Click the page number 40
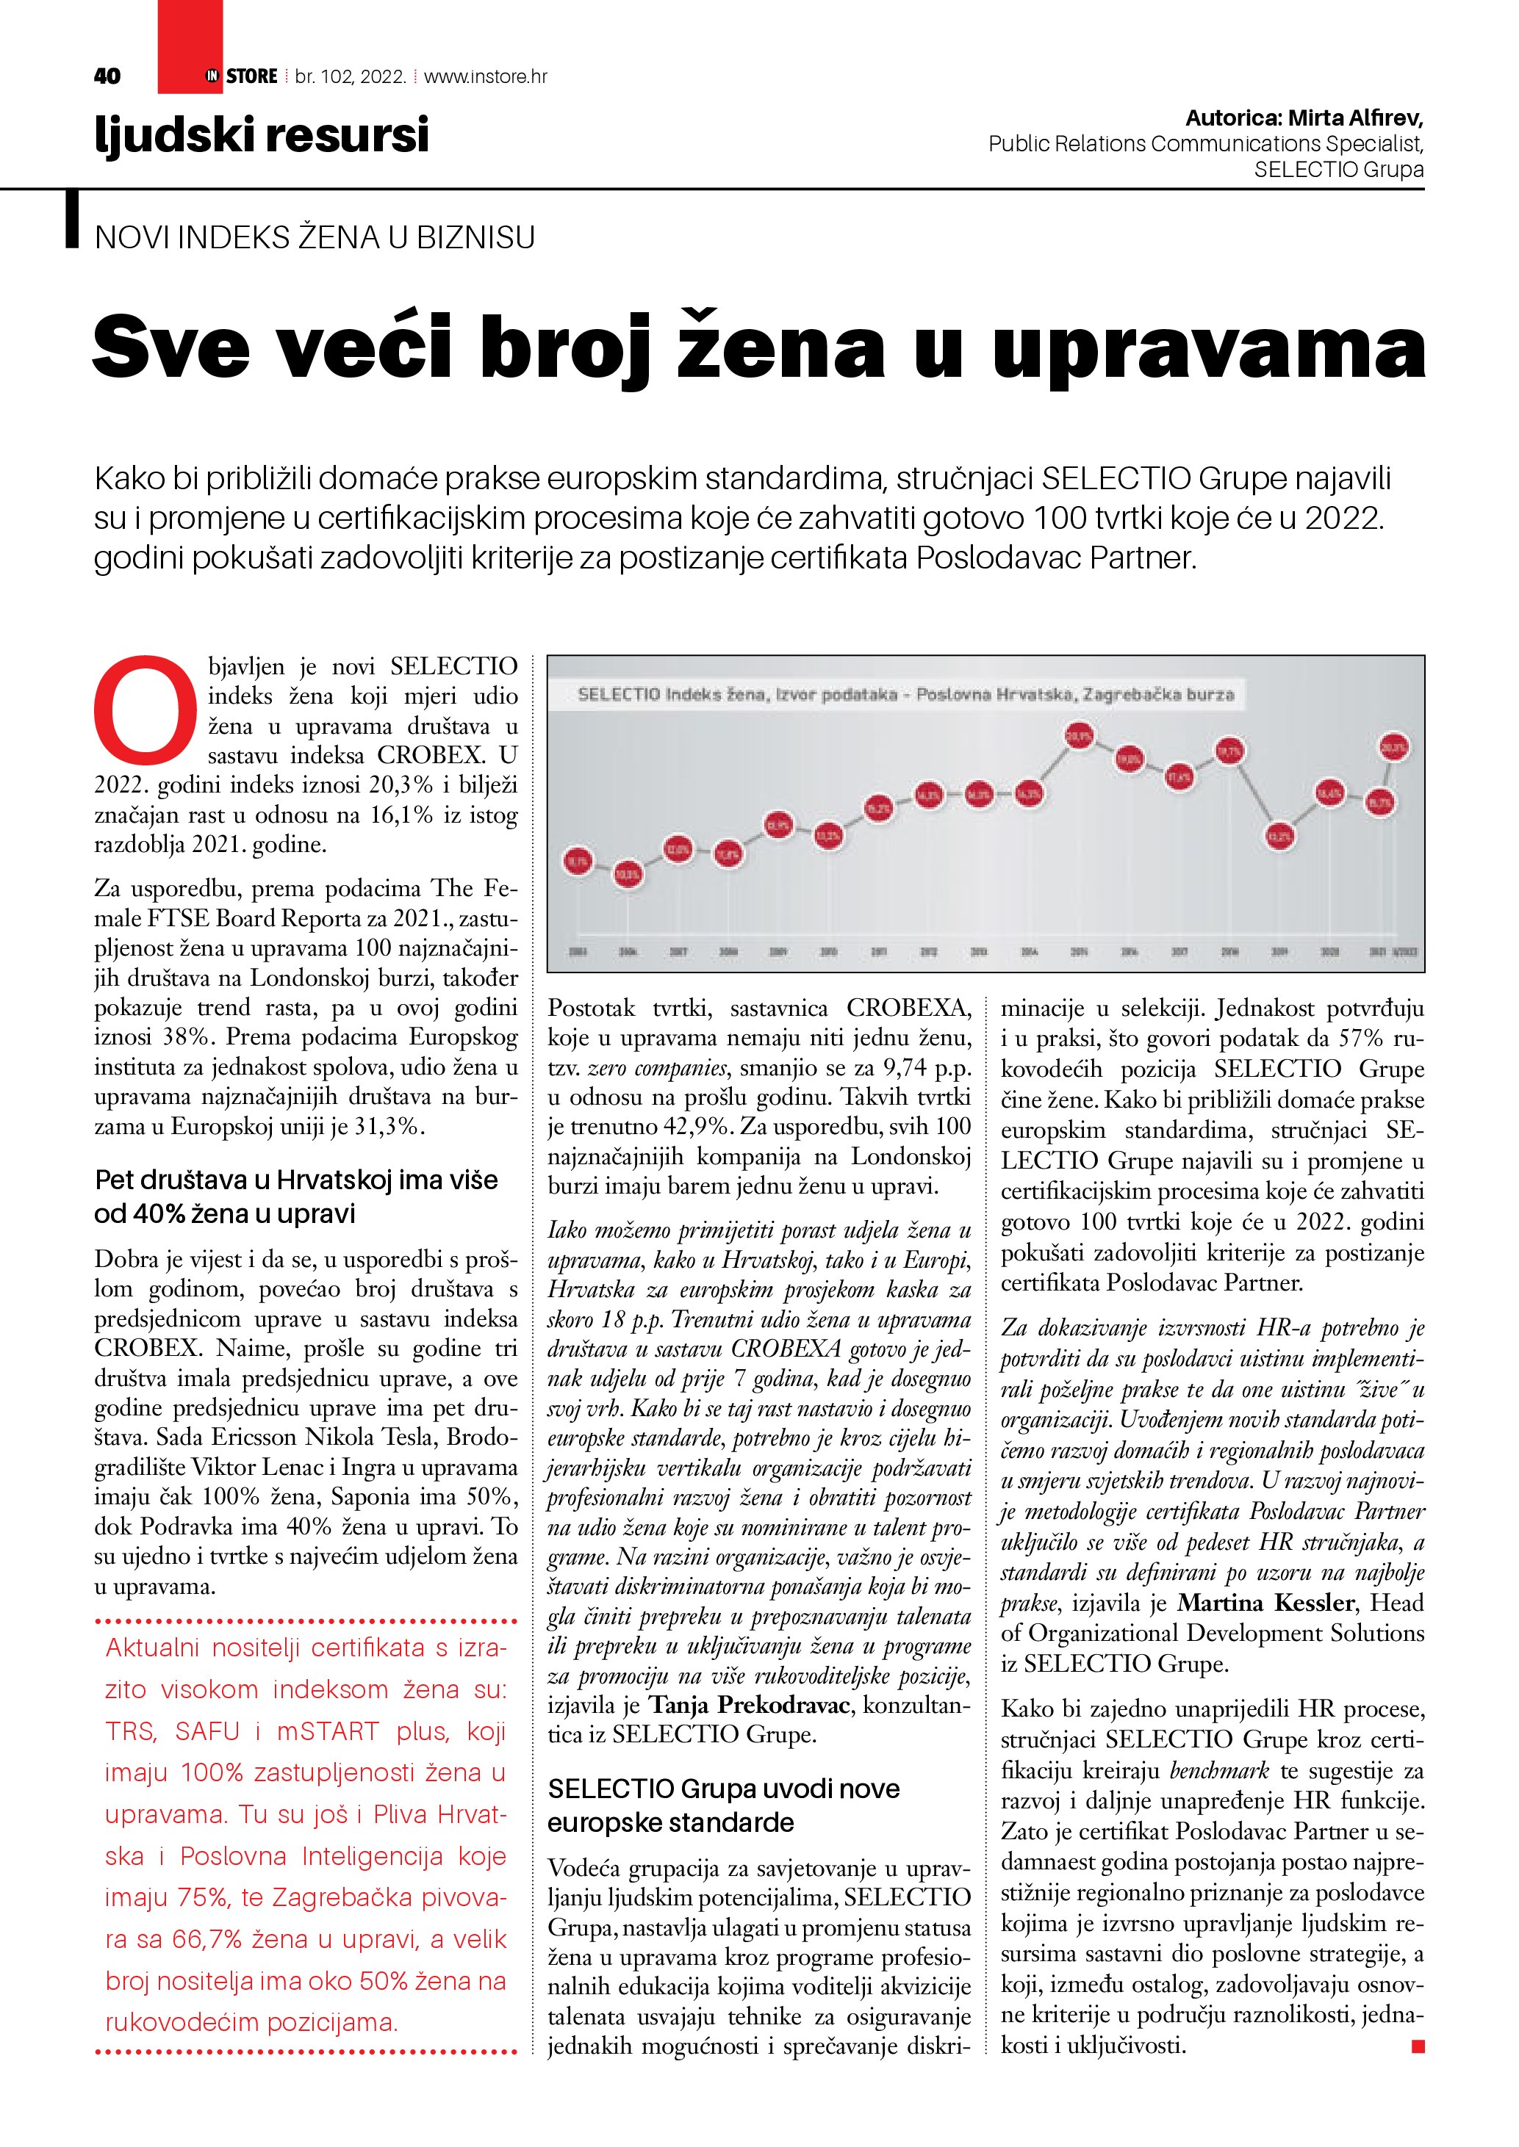(x=107, y=76)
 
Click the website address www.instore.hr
(x=486, y=76)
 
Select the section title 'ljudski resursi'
(x=262, y=134)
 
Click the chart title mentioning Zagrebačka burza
(x=905, y=695)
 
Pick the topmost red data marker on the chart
(x=1080, y=736)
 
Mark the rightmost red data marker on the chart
(x=1395, y=747)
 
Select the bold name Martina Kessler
(x=1265, y=1603)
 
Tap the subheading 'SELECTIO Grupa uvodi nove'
(x=723, y=1789)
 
